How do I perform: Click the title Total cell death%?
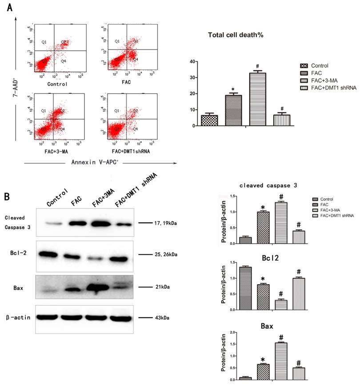click(236, 35)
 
